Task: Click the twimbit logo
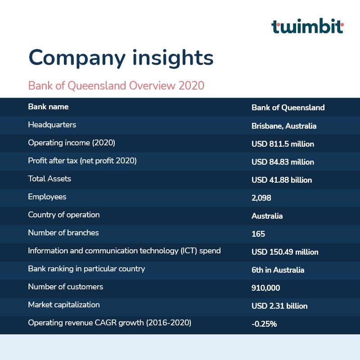point(307,27)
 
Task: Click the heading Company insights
point(121,58)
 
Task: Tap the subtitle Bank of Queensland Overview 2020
point(116,85)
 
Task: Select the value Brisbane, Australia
point(284,126)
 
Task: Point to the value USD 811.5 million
point(283,144)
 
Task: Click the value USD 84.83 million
point(283,162)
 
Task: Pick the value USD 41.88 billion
point(282,180)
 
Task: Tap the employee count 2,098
point(261,198)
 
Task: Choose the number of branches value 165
point(258,234)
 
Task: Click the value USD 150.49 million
point(285,252)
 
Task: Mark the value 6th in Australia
point(278,270)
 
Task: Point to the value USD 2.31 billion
point(279,306)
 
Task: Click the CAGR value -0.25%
point(264,324)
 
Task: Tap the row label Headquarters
point(52,125)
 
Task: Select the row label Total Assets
point(49,179)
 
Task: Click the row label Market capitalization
point(64,305)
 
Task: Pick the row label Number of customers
point(66,287)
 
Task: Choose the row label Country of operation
point(64,215)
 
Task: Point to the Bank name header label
point(48,107)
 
